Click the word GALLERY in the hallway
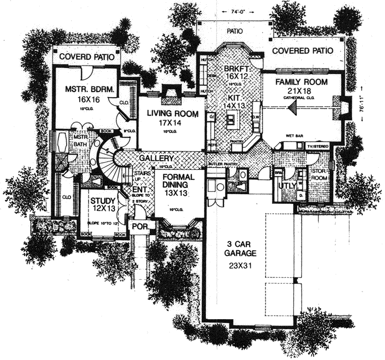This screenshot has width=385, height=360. pyautogui.click(x=156, y=159)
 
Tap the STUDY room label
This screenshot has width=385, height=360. pyautogui.click(x=103, y=201)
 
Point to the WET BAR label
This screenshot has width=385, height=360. pyautogui.click(x=294, y=136)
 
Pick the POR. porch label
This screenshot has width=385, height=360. pyautogui.click(x=145, y=226)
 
